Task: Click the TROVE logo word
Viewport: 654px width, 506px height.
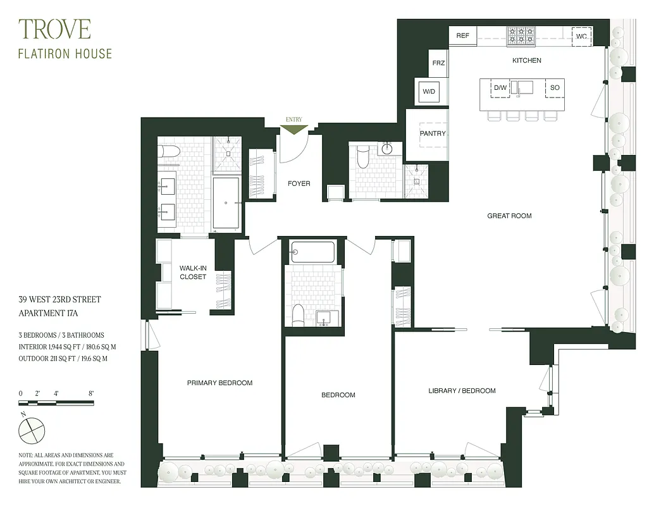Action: point(54,29)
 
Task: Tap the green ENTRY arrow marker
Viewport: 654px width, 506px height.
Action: point(294,129)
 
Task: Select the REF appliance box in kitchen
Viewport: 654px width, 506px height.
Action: point(463,36)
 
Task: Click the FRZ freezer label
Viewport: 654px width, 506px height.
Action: point(438,63)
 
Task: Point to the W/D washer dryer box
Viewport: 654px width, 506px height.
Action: point(429,92)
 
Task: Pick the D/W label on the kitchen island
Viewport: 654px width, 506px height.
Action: point(500,87)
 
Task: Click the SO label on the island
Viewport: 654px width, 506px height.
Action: point(555,87)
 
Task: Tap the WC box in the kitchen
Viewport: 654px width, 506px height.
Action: point(581,37)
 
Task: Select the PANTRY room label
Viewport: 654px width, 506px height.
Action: point(433,133)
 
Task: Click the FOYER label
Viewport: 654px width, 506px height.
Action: point(299,183)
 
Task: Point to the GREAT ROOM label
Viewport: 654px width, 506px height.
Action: point(509,216)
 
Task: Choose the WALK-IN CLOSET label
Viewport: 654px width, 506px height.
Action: point(193,273)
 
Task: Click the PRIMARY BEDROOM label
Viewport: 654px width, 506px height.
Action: point(219,383)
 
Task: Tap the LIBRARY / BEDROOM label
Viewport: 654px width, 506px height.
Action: point(462,391)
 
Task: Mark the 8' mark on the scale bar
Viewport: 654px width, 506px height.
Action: point(92,393)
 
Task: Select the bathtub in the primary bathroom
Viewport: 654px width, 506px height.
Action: point(226,202)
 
